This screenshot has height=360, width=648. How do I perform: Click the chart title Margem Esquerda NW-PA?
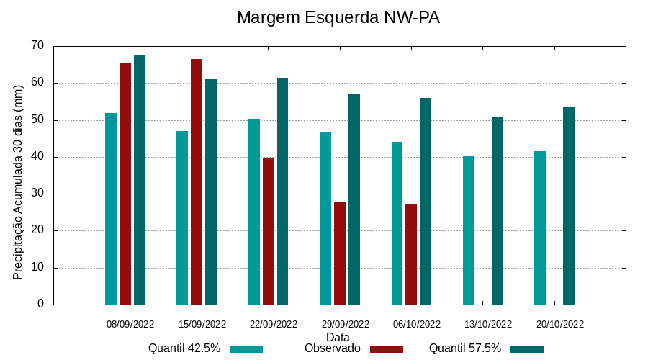click(x=338, y=17)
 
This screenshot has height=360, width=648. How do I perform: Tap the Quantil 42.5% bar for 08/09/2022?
click(x=111, y=209)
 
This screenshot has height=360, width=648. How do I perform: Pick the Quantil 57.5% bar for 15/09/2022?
click(x=211, y=192)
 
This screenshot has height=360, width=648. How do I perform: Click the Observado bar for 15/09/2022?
click(x=197, y=181)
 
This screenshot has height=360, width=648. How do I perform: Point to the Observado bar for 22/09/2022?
click(x=269, y=231)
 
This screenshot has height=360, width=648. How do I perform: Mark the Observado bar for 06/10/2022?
click(x=411, y=254)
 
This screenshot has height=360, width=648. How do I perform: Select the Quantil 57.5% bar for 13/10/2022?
click(x=498, y=210)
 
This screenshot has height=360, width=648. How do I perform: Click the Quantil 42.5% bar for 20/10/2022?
click(x=540, y=228)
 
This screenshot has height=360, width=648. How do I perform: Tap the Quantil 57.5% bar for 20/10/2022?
click(x=569, y=206)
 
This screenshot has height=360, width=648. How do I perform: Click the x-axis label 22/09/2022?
click(x=273, y=324)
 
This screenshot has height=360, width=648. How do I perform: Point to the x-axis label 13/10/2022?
click(x=488, y=324)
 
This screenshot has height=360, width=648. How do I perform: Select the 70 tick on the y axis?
click(x=37, y=45)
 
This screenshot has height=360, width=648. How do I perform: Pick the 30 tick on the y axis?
click(x=37, y=194)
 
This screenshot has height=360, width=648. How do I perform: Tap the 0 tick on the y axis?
click(x=40, y=304)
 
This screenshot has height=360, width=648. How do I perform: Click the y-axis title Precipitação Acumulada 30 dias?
click(x=18, y=181)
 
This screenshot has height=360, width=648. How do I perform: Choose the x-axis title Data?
click(x=338, y=337)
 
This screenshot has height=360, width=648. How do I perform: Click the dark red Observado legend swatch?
click(x=387, y=349)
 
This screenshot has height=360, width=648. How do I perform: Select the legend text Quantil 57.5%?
click(x=465, y=348)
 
